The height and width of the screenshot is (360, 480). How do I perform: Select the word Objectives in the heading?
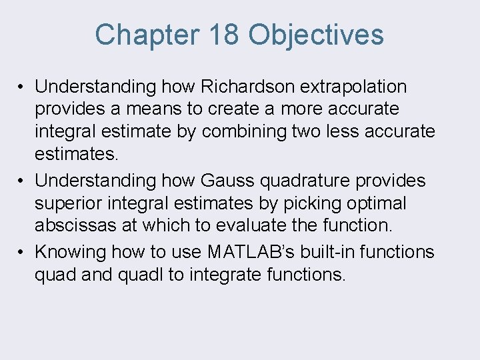pos(317,35)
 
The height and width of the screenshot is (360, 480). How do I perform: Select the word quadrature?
pos(296,181)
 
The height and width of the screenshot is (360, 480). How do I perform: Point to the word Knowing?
pos(71,252)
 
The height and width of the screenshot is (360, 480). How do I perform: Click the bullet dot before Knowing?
pos(22,253)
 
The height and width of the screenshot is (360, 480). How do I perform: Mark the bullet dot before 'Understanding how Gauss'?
pos(22,181)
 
